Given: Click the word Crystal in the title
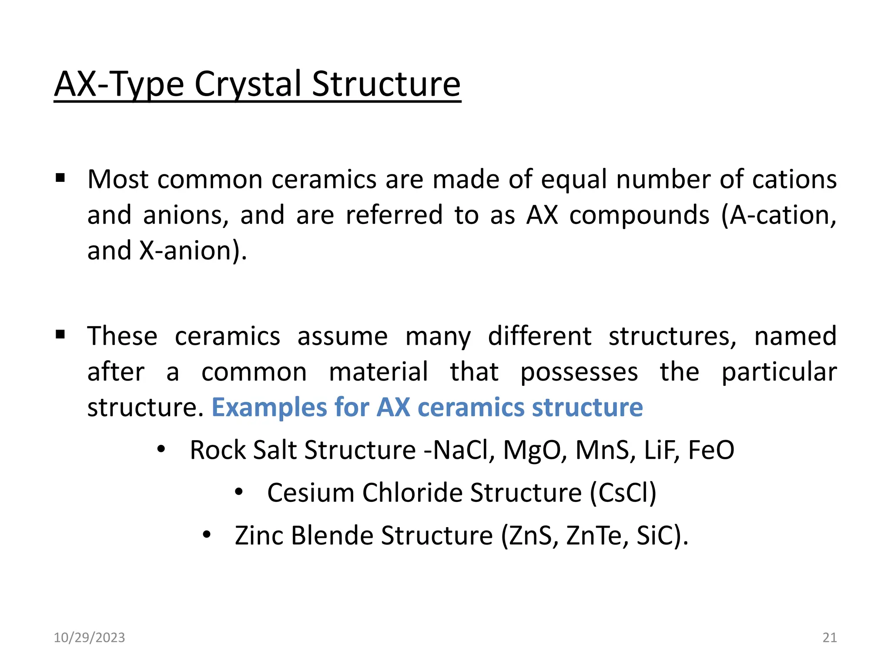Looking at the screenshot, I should point(248,84).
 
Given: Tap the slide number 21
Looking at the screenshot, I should point(830,638).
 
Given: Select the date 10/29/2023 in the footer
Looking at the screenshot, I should point(89,638).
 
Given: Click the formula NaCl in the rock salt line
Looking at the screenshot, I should point(462,450).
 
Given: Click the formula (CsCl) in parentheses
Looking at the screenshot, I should point(623,493).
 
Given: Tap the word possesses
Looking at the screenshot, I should point(579,372).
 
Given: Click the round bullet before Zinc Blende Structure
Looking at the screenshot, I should point(207,534).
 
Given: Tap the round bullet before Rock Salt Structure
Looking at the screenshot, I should point(161,449).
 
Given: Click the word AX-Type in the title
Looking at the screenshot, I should point(119,84).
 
